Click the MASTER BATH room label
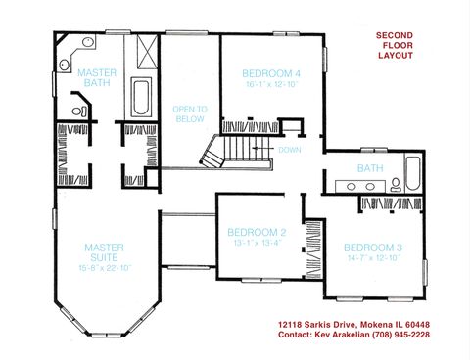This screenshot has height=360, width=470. click(98, 77)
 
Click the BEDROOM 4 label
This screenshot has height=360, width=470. click(271, 72)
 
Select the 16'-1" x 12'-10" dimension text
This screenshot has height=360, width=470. click(271, 83)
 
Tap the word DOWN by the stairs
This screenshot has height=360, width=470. click(289, 150)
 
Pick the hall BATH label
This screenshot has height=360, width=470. click(370, 168)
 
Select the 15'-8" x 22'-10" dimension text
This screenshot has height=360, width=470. click(104, 267)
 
